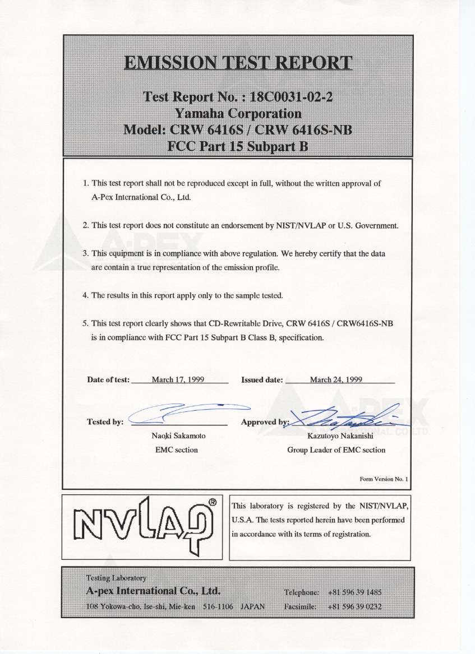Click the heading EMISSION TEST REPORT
pos(238,63)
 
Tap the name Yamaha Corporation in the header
pos(238,114)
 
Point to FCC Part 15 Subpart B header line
pos(238,147)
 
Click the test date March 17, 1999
pos(178,379)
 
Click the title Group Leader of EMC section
pos(336,449)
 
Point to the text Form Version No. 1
pos(385,479)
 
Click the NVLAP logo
pos(143,527)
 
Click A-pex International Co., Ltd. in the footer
pos(153,591)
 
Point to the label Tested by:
pos(105,422)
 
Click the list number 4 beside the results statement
pos(85,295)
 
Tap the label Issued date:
pos(261,379)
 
